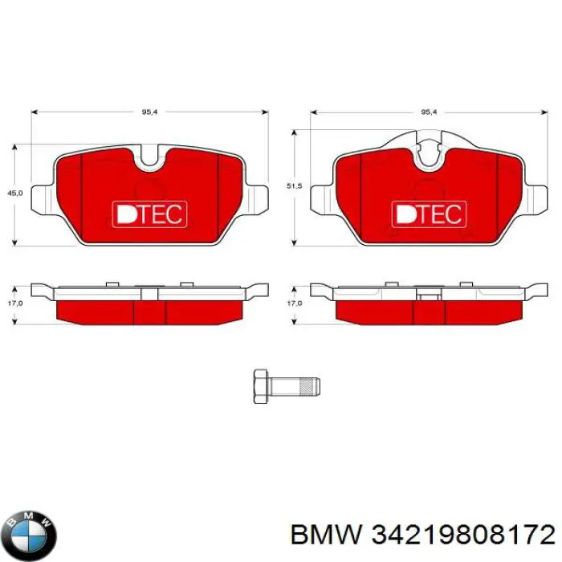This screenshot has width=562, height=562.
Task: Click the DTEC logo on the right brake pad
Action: pyautogui.click(x=428, y=214)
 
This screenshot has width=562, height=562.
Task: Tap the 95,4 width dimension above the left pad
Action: pyautogui.click(x=149, y=112)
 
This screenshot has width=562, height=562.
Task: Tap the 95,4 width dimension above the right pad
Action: pyautogui.click(x=429, y=112)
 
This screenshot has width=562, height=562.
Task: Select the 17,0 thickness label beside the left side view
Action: pyautogui.click(x=14, y=303)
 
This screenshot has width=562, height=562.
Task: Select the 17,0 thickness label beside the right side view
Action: pyautogui.click(x=294, y=303)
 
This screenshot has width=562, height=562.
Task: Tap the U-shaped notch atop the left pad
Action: pyautogui.click(x=149, y=157)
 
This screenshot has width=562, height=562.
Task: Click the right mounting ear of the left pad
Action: pyautogui.click(x=255, y=199)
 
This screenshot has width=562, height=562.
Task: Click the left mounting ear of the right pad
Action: pyautogui.click(x=321, y=199)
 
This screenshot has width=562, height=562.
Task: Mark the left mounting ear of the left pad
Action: pyautogui.click(x=43, y=199)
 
